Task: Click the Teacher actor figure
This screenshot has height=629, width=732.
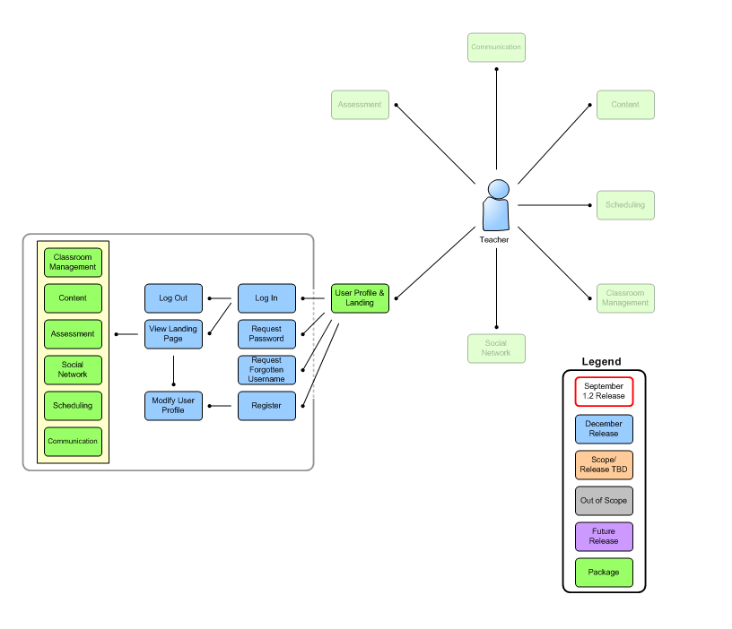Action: [x=495, y=205]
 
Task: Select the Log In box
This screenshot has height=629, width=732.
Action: [x=266, y=298]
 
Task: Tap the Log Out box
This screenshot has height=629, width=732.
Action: [x=173, y=298]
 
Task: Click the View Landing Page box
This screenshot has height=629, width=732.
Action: [x=173, y=334]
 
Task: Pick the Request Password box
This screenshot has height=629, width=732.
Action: [x=266, y=334]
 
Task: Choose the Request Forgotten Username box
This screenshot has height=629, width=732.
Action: [x=266, y=370]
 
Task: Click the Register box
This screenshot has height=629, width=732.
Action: [x=266, y=406]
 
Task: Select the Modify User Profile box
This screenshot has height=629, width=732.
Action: [x=173, y=406]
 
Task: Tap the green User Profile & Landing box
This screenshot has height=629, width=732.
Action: [x=360, y=298]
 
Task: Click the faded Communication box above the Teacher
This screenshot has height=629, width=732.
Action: [x=496, y=47]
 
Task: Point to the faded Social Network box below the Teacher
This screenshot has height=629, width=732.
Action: [x=496, y=349]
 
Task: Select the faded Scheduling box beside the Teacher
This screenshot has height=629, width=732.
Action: [x=625, y=205]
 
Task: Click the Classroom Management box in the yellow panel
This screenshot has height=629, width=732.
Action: [x=73, y=263]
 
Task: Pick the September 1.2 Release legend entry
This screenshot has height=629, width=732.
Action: [x=604, y=392]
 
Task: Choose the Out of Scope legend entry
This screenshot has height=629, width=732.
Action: [x=604, y=501]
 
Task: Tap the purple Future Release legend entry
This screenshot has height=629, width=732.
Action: [x=604, y=537]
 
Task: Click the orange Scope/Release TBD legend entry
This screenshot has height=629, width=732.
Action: [x=604, y=465]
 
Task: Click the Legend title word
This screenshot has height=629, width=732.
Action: [x=601, y=362]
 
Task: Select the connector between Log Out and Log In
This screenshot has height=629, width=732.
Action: [x=220, y=298]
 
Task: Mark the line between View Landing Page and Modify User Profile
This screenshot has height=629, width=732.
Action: [x=173, y=371]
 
